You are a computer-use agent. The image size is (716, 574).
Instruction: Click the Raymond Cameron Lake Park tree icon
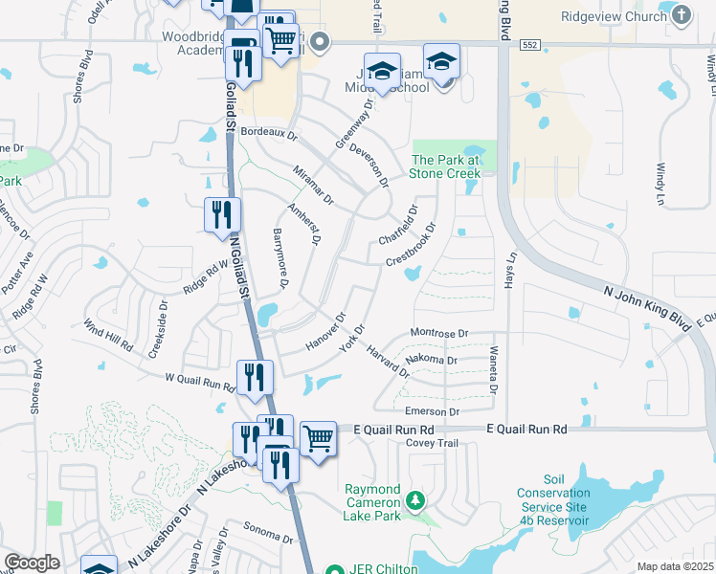[x=414, y=499]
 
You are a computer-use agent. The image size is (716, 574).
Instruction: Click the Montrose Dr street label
[x=437, y=332]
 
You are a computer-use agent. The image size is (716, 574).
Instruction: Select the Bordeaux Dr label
[x=269, y=133]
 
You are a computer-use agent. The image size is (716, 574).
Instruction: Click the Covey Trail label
[x=434, y=444]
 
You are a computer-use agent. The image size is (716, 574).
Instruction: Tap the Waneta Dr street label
[x=494, y=370]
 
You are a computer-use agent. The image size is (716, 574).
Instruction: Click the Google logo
[x=32, y=563]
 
